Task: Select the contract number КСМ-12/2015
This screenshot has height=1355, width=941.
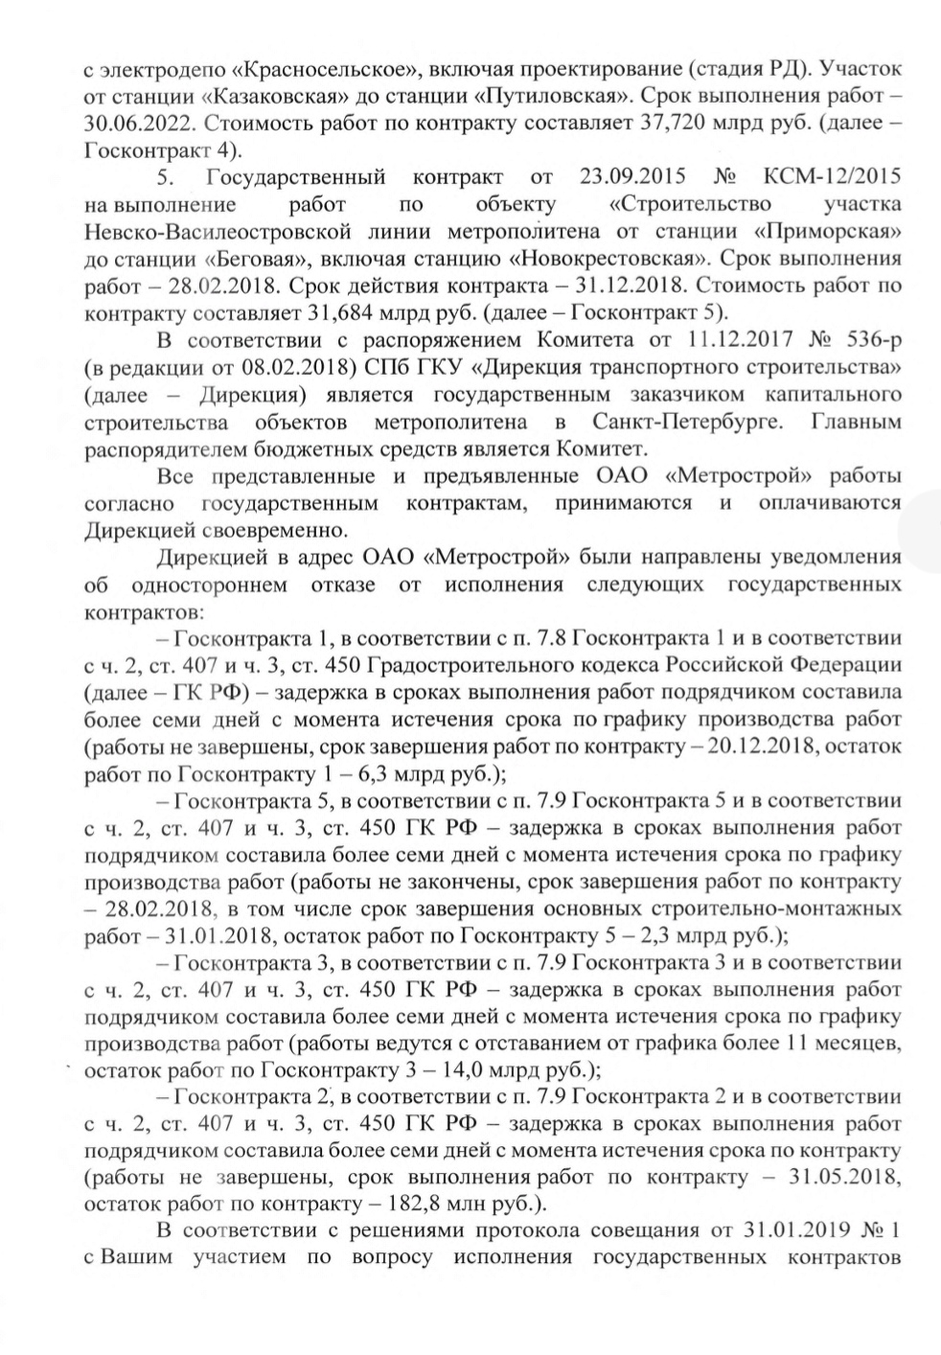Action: pyautogui.click(x=833, y=178)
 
